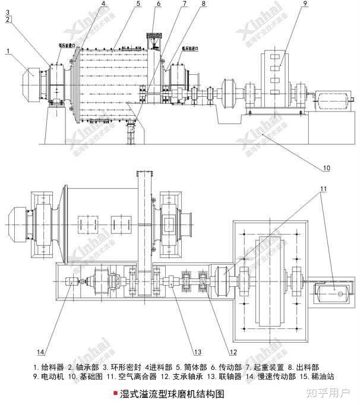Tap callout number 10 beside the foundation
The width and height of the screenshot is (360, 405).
pos(326,168)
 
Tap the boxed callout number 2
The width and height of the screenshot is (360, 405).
pos(7,20)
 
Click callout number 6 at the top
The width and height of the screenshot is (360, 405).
pos(159,4)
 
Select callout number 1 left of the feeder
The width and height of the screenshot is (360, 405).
pos(8,52)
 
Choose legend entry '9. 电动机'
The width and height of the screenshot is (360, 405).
pos(51,377)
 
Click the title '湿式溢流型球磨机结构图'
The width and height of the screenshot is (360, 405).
pos(172,393)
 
